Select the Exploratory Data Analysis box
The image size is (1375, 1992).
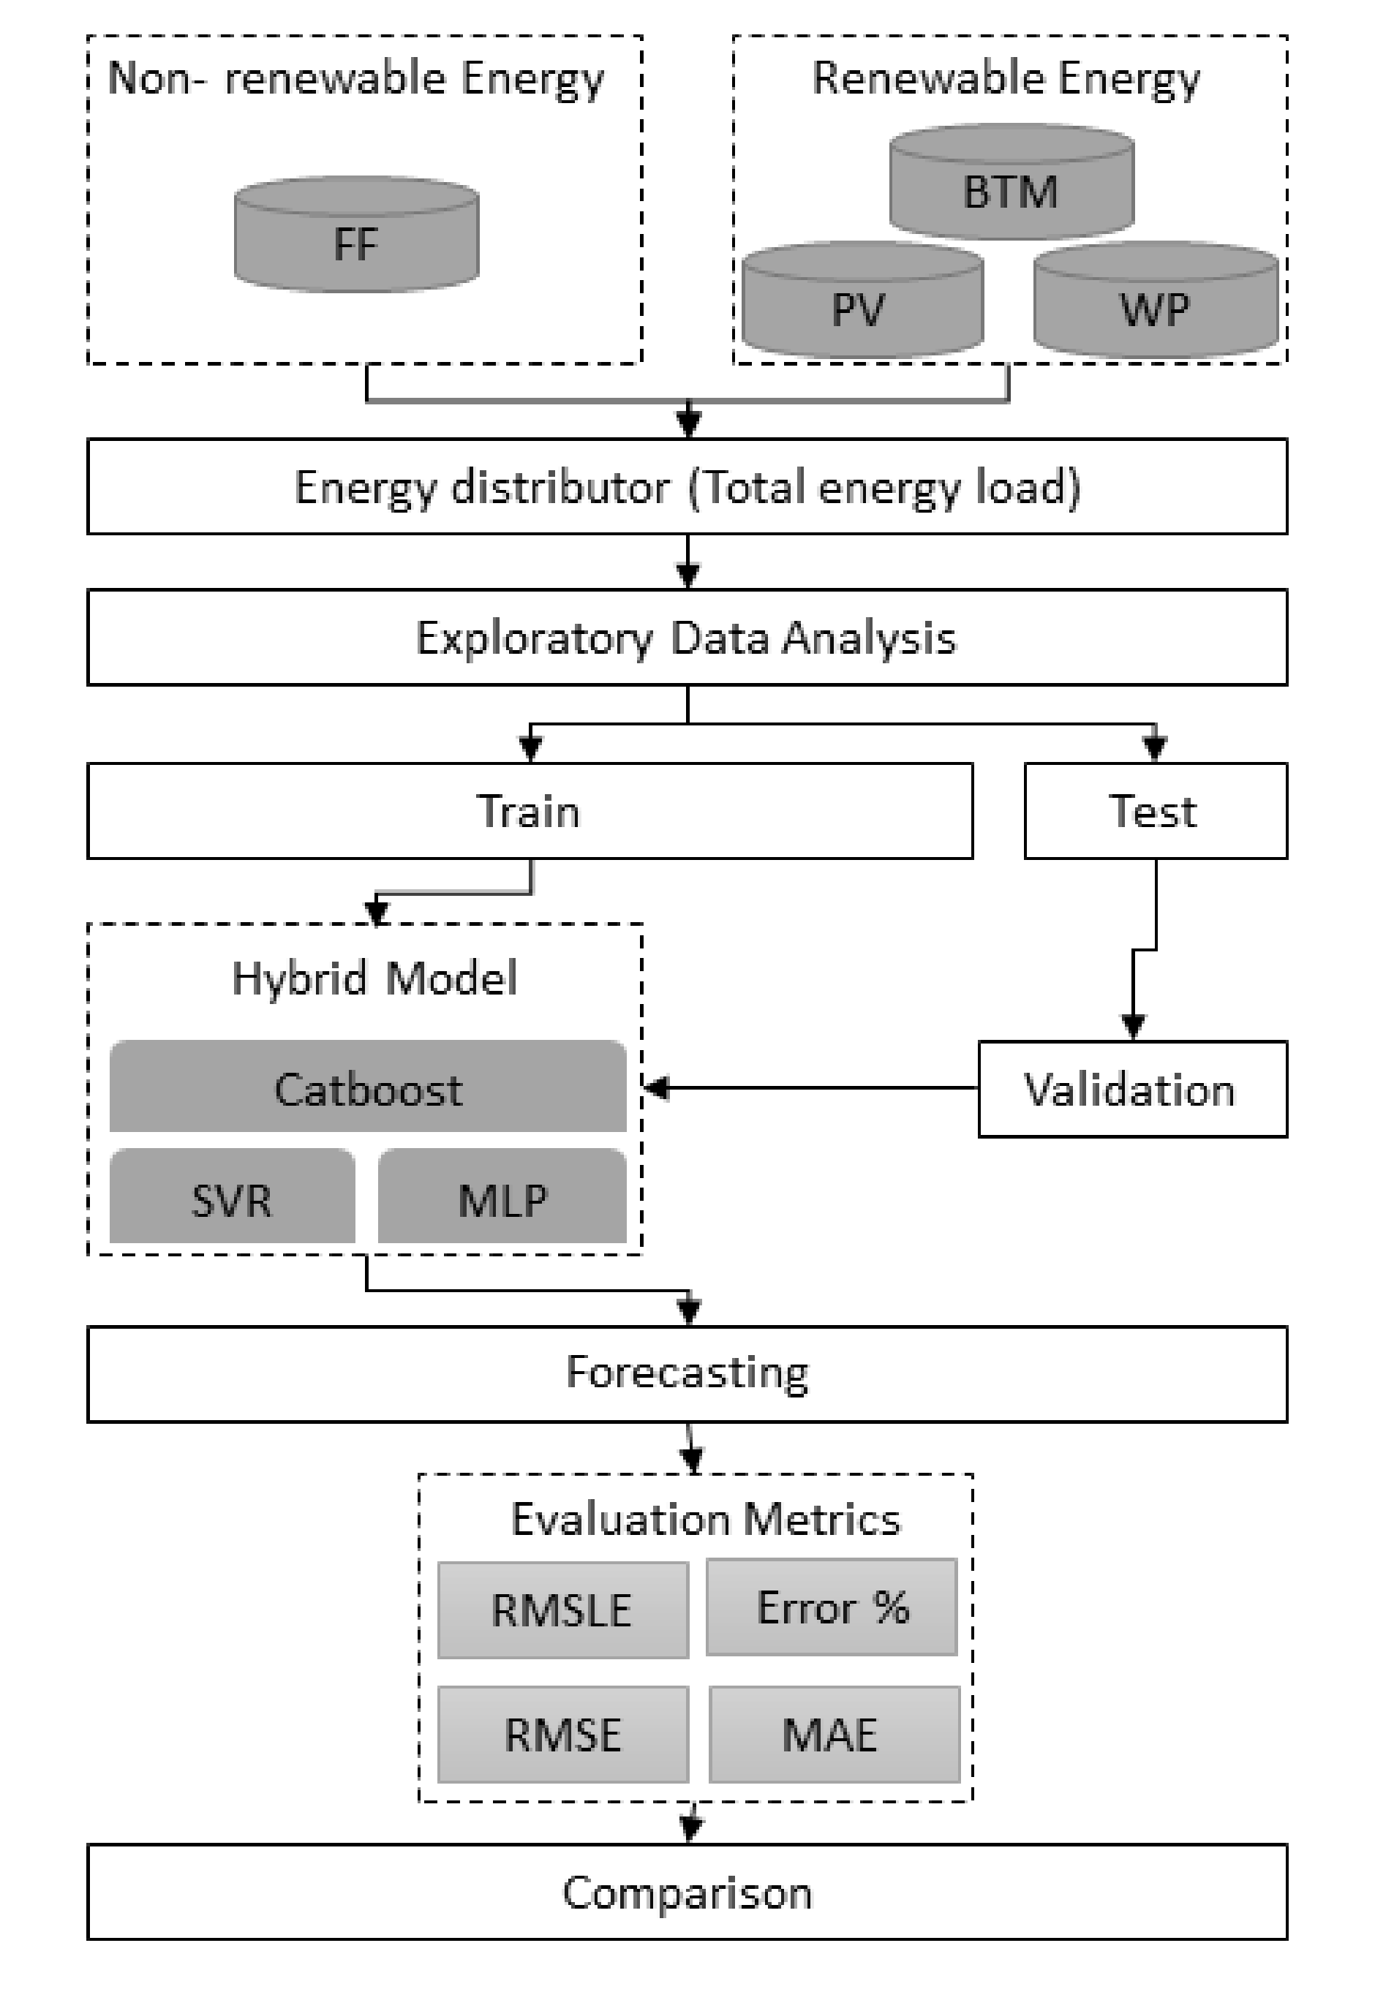(687, 638)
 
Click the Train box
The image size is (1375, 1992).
(529, 811)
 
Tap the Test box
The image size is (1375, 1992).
(1154, 811)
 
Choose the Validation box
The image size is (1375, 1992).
(1131, 1090)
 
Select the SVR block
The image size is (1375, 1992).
(232, 1198)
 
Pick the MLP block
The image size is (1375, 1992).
(502, 1198)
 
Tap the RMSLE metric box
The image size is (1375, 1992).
(562, 1610)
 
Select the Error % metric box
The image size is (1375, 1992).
(832, 1607)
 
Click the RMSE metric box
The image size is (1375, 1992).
(562, 1734)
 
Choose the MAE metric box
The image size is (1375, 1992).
(833, 1734)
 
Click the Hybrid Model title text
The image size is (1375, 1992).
(374, 979)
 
